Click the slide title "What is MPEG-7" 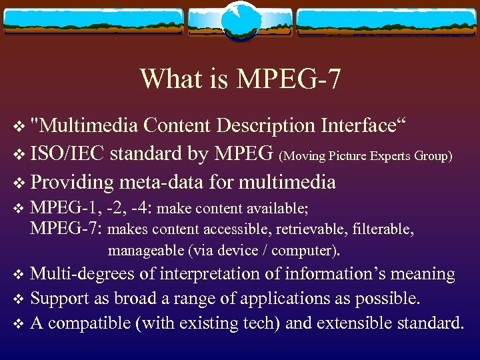(240, 79)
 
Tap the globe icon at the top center (240, 20)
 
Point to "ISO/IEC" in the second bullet (67, 154)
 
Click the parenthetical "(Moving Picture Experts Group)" (366, 157)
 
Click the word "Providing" (73, 182)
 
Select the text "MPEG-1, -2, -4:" (93, 208)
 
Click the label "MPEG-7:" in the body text (66, 230)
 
